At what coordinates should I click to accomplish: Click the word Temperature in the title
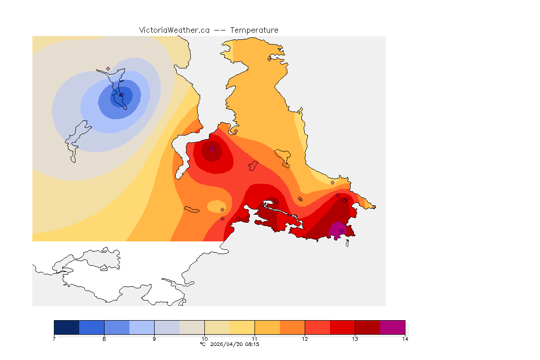(254, 30)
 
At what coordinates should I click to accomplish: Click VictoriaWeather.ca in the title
(174, 30)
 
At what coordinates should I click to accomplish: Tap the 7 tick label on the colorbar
(54, 339)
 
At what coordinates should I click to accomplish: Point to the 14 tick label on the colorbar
(405, 339)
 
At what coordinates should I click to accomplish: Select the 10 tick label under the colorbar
(204, 339)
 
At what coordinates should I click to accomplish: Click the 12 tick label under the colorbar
(305, 339)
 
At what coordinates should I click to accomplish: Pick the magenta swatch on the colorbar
(392, 327)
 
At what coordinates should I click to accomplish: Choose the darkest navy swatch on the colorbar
(67, 327)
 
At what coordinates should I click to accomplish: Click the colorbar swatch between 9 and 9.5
(167, 327)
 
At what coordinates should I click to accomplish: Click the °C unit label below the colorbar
(202, 344)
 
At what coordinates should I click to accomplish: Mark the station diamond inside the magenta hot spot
(341, 231)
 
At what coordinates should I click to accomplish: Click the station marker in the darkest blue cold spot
(120, 95)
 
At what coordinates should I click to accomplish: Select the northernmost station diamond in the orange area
(269, 59)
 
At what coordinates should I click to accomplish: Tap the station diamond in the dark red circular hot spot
(212, 149)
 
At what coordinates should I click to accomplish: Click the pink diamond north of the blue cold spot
(108, 68)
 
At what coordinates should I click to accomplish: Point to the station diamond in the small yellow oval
(222, 210)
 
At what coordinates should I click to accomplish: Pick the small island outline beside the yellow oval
(192, 209)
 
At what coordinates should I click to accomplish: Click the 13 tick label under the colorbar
(355, 339)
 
